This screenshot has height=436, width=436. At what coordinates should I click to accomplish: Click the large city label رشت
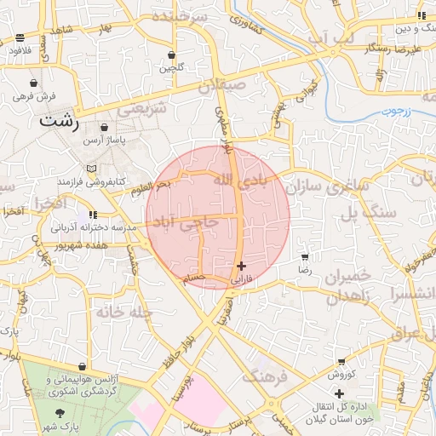59,123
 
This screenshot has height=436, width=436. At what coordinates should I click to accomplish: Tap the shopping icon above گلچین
172,54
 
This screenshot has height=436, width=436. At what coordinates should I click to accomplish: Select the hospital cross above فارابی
242,266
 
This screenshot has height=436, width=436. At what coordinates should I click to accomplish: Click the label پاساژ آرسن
110,137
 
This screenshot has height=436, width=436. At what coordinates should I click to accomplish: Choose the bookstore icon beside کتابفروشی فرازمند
91,169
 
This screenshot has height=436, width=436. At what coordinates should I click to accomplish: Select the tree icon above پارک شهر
59,413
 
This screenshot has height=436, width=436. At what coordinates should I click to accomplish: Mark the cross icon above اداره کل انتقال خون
340,393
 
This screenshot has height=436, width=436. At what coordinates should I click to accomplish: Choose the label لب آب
329,40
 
